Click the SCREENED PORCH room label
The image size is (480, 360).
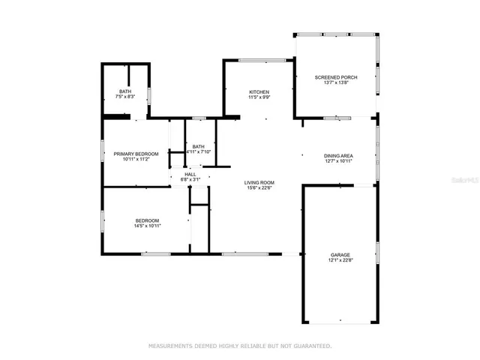335,77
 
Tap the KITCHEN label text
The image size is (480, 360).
259,91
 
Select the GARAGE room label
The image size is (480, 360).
340,255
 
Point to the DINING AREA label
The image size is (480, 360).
338,156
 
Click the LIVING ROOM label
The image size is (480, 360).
259,182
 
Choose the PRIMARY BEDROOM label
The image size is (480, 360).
136,154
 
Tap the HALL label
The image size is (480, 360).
191,174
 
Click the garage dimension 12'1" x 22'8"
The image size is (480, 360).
340,261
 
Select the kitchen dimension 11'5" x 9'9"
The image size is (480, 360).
259,97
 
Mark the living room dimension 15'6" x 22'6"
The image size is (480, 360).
259,187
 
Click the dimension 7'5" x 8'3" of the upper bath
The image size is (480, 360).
125,97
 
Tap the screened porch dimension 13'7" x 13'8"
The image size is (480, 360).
335,82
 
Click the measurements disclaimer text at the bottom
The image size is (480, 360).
240,346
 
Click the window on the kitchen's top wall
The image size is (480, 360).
261,60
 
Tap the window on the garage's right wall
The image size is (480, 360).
377,253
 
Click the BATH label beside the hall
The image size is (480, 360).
198,146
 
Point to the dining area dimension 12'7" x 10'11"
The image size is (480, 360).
338,161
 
